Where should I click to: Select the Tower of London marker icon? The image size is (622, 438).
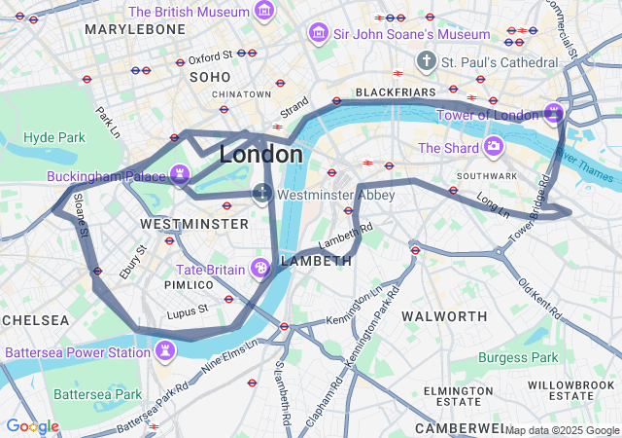554,114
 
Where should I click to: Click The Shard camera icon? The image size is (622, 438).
494,147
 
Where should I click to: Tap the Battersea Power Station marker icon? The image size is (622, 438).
166,349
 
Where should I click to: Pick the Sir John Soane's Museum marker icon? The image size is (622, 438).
318,34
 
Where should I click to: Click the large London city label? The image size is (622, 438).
260,155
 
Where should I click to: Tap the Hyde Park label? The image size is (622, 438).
54,137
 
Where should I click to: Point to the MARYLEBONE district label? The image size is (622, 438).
135,30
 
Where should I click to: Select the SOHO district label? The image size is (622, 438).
210,77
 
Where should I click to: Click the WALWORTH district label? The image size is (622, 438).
444,317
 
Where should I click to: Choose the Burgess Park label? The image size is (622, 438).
518,357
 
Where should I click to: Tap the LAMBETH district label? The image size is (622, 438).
315,262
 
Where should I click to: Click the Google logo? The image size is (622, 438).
32,426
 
